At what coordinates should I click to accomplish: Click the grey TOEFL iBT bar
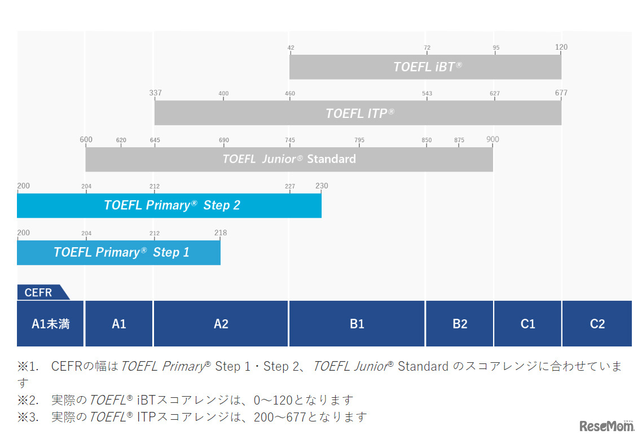[425, 67]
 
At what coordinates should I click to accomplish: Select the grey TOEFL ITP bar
[358, 113]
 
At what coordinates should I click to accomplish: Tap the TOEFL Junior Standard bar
[289, 159]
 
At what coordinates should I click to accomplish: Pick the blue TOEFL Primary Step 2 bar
[169, 205]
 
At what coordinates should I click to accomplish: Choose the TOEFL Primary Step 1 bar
[118, 252]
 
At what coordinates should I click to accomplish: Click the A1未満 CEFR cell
[50, 324]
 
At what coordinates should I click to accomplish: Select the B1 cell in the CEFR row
[357, 324]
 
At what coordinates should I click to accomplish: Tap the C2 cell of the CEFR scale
[597, 324]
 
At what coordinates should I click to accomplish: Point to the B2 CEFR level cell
[460, 324]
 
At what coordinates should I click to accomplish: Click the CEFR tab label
[39, 292]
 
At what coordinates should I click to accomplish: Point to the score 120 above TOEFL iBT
[561, 47]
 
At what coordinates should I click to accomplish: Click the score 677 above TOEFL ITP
[561, 93]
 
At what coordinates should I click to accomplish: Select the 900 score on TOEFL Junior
[493, 139]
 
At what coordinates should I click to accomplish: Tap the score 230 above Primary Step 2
[322, 186]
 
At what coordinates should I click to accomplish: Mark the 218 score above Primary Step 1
[220, 232]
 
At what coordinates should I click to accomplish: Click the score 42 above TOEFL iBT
[291, 48]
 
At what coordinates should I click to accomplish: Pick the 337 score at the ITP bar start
[155, 93]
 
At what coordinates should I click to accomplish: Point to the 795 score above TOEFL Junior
[359, 140]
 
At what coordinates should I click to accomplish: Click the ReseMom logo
[606, 425]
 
